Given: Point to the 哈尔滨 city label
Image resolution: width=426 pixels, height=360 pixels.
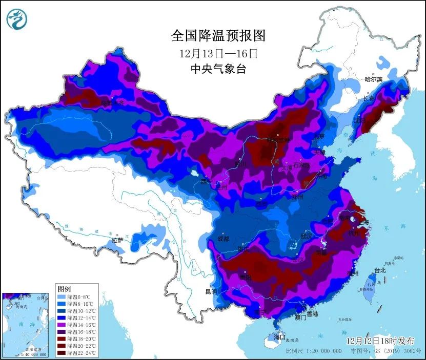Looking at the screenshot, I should pos(374,79).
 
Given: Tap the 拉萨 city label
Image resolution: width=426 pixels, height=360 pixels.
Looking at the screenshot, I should pos(117,240).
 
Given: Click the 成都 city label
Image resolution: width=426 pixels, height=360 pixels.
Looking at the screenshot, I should pos(224,238).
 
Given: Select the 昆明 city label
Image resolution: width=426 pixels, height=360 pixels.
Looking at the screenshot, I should pos(211,291).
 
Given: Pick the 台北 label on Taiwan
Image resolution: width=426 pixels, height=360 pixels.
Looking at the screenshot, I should pos(379,270).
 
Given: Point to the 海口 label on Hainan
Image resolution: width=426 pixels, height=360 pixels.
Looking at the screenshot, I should pos(279,337).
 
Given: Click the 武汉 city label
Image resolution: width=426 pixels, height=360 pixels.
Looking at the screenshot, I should pos(307,237).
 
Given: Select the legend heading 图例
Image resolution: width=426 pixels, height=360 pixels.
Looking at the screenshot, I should pos(65,289).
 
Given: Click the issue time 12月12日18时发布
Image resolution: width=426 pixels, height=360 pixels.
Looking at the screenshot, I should pos(378,341).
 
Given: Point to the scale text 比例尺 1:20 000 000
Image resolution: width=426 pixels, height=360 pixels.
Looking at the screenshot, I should pos(313,352).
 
